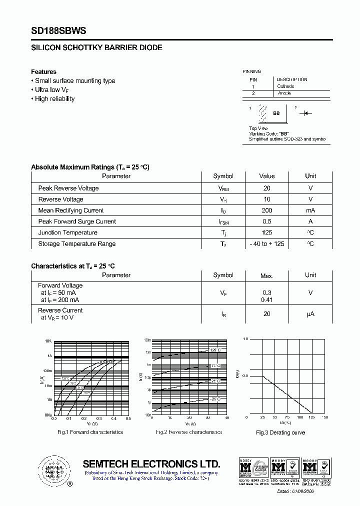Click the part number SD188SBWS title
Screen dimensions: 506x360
coord(58,30)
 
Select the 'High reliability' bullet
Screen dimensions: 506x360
coord(54,99)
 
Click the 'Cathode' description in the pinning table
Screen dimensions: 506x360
coord(285,86)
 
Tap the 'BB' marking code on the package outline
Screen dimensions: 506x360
coord(276,113)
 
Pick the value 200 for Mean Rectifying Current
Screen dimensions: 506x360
coord(267,210)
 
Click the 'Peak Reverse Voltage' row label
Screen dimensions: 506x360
coord(68,188)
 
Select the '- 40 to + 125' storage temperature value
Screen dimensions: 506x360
coord(267,244)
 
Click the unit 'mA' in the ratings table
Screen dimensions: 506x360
coord(310,210)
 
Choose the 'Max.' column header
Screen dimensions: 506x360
coord(267,275)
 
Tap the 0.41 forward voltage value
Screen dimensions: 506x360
coord(267,300)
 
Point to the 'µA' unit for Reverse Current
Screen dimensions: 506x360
coord(310,314)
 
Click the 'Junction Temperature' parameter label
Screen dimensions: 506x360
coord(68,233)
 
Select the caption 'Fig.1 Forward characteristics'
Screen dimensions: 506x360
coord(90,432)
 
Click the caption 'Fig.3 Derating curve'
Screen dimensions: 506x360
coord(280,432)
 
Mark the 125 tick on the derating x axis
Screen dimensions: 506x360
coord(312,417)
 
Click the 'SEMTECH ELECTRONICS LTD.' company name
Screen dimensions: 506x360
coord(151,463)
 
